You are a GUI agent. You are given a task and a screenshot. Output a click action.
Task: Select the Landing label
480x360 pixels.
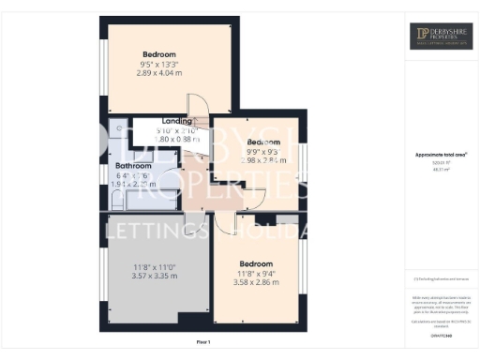coord(177,121)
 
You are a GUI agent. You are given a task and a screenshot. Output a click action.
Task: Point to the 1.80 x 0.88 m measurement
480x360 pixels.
coord(177,138)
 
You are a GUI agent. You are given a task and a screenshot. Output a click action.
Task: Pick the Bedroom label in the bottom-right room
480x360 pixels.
coord(256,263)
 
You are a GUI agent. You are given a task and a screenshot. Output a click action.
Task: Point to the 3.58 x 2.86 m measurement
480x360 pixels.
coord(256,282)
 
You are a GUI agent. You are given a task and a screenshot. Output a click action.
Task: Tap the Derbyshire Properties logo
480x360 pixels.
coord(440,37)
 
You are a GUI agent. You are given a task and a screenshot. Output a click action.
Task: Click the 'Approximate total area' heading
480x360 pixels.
coord(441,154)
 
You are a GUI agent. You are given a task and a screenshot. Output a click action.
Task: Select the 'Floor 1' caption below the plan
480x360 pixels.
coord(203,342)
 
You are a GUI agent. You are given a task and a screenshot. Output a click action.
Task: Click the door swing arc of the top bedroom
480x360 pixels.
coord(199,105)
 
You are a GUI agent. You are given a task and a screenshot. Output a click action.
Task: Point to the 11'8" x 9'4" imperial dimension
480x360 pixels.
coord(256,273)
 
